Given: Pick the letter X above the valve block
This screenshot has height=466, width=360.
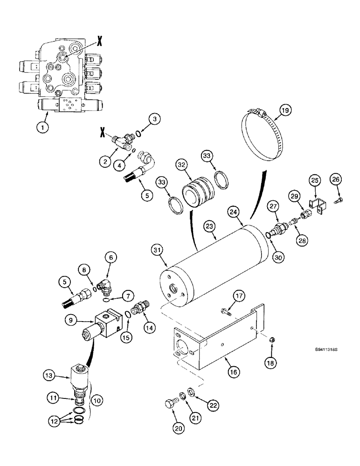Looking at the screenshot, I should pyautogui.click(x=99, y=41).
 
